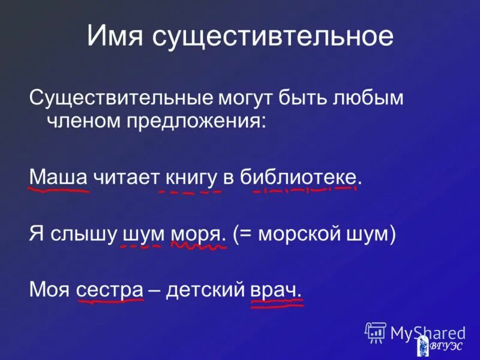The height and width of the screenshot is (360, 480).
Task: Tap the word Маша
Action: point(59,177)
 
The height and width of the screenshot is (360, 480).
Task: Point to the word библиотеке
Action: point(302,178)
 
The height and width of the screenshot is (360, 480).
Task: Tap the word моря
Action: point(198,234)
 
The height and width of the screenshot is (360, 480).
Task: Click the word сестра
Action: point(109,289)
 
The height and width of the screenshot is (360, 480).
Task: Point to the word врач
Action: point(275,289)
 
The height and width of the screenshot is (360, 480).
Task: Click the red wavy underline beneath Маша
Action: point(59,190)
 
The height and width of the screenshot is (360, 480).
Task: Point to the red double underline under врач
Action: point(276,304)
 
